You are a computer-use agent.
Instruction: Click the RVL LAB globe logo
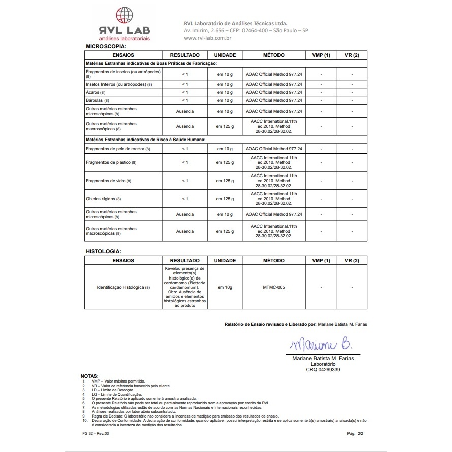tap(125, 15)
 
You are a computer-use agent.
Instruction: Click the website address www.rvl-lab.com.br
tap(207, 38)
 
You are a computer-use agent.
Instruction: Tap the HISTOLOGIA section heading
tap(103, 251)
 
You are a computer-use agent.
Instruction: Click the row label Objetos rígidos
tap(103, 199)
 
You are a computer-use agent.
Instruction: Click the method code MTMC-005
tap(274, 287)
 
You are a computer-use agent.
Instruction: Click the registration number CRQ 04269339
tap(323, 370)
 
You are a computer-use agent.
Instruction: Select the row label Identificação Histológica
tap(123, 287)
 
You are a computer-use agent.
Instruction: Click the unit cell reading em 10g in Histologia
tap(225, 287)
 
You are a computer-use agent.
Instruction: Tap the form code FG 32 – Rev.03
tap(95, 434)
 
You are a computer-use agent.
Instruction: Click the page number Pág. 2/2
tap(356, 434)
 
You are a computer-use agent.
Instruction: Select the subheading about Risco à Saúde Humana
tap(145, 138)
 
